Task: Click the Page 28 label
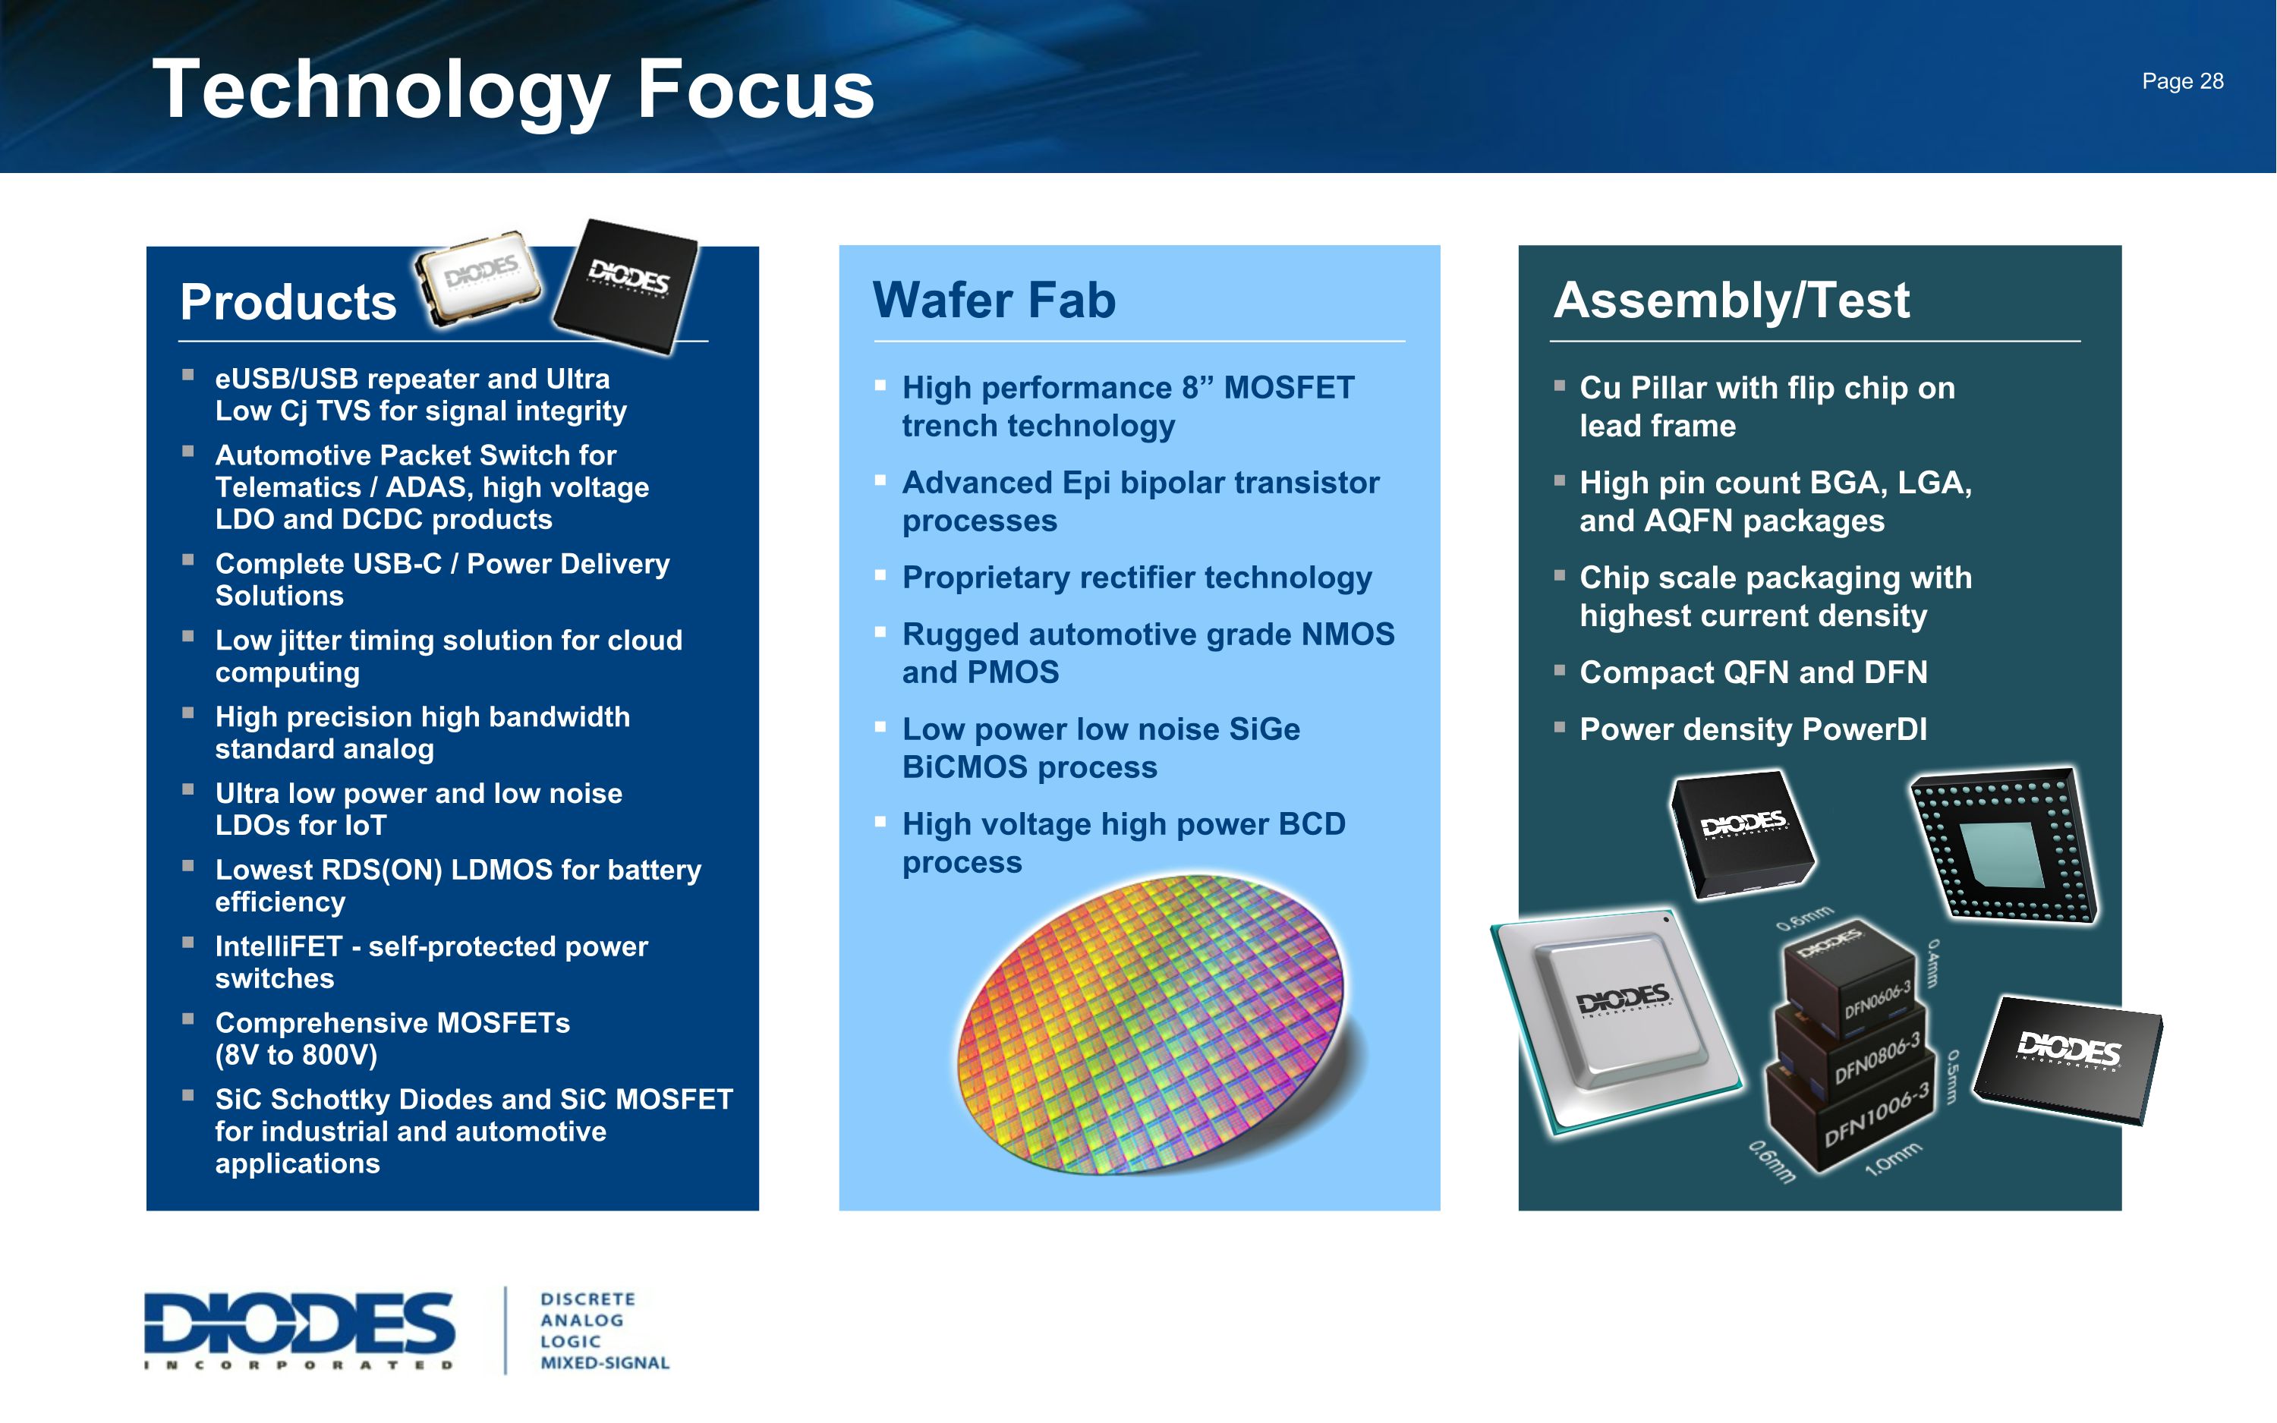coord(2182,82)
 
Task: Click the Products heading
coord(288,302)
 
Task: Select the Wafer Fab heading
coord(994,301)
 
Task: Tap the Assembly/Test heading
coord(1731,301)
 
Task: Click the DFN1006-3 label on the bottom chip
coord(1876,1115)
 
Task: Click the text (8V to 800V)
coord(296,1055)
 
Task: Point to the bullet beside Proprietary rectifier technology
coord(880,575)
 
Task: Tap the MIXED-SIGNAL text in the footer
coord(604,1363)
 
